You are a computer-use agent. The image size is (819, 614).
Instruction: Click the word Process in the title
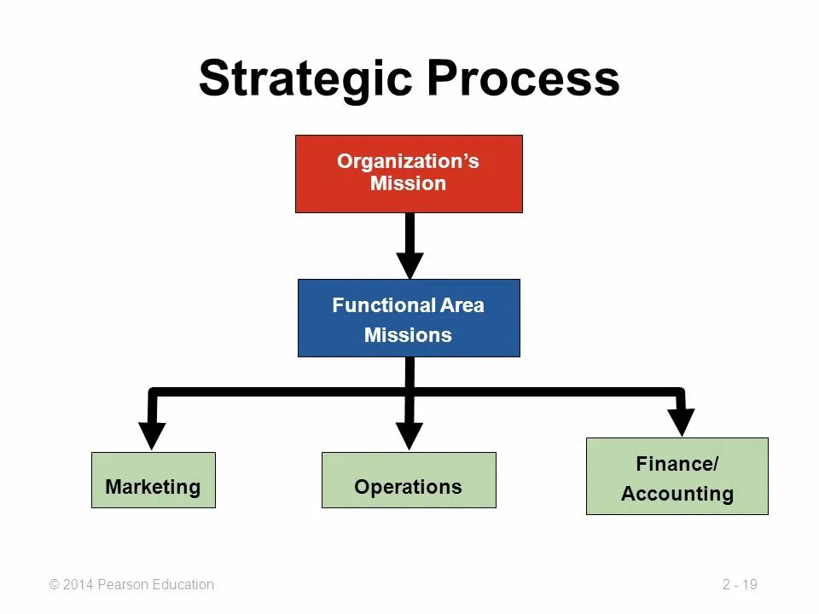pos(523,78)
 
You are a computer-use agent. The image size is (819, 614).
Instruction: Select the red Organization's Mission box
pos(409,173)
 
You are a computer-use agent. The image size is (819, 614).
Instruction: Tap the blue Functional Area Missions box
pos(409,318)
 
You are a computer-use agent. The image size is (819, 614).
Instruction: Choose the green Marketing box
pos(154,480)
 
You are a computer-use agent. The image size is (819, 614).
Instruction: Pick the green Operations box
pos(409,480)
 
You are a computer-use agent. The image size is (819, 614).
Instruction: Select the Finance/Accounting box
pos(677,476)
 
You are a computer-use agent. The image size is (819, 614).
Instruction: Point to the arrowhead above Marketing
pos(152,434)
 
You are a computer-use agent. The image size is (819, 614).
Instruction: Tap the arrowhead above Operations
pos(409,435)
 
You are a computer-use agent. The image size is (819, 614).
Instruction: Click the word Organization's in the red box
pos(408,161)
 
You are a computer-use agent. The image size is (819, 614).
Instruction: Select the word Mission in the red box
pos(408,183)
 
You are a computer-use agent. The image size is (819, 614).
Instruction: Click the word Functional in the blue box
pos(381,305)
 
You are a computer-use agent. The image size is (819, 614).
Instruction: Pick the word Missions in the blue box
pos(408,335)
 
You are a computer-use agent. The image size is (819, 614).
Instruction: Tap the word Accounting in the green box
pos(677,494)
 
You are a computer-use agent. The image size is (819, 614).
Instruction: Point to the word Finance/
pos(677,464)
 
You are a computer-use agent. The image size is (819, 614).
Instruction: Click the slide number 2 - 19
pos(740,585)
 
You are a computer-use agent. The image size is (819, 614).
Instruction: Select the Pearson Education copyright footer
pos(132,585)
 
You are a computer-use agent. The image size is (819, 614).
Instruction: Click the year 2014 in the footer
pos(78,585)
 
